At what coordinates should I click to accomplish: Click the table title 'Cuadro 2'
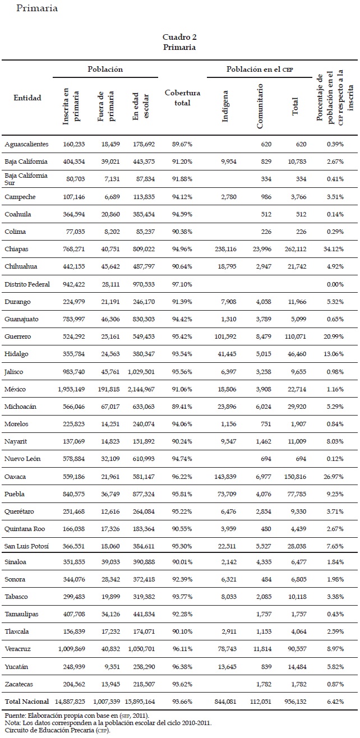tap(179, 37)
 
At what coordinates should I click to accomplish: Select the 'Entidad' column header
tap(27, 98)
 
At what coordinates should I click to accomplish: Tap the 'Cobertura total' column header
tap(182, 98)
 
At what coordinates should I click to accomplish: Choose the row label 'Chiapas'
tap(16, 249)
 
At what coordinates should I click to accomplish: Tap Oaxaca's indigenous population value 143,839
tap(229, 477)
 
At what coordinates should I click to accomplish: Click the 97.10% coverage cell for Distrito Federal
tap(182, 284)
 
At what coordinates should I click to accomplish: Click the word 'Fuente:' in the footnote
tap(15, 716)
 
